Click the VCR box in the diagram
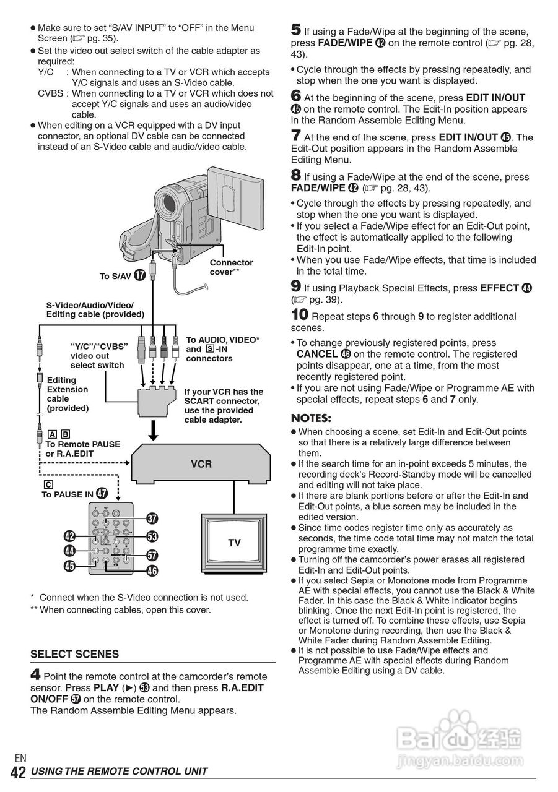click(201, 463)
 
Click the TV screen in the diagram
click(233, 543)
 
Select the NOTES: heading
click(311, 418)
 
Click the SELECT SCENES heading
click(74, 654)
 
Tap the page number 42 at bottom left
click(18, 772)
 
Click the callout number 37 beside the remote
click(152, 519)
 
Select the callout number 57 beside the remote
click(152, 555)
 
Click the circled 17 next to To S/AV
click(140, 275)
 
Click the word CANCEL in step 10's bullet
click(316, 354)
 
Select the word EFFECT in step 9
click(500, 288)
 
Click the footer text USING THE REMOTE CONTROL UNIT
click(119, 772)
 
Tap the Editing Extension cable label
click(68, 394)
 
